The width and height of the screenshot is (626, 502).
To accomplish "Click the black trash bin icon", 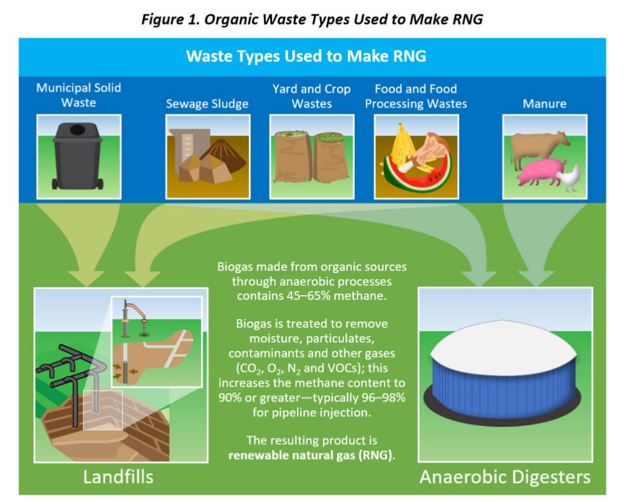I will point(78,155).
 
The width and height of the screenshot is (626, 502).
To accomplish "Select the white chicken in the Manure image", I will point(570,178).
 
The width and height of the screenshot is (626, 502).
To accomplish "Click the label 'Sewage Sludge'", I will point(207,103).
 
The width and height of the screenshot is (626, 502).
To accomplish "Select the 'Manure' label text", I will point(544,103).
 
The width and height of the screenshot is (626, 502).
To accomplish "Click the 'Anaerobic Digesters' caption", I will point(505,476).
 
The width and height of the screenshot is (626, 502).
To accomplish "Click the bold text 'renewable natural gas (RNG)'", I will point(312,455).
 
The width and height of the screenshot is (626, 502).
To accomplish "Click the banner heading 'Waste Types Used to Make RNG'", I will point(306,56).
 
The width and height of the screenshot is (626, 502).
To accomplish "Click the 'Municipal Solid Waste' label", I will point(78,95).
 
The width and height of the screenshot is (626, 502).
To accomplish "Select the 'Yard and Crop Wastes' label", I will point(311,96).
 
